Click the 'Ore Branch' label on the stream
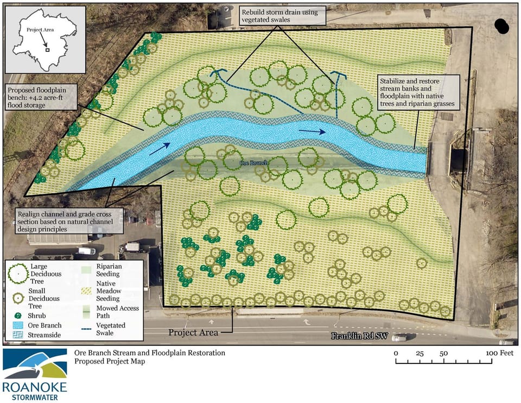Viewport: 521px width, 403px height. pyautogui.click(x=252, y=162)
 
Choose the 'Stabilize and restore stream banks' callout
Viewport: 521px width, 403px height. pyautogui.click(x=417, y=93)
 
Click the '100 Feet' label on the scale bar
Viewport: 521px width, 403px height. pyautogui.click(x=499, y=354)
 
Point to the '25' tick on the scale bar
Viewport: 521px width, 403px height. pyautogui.click(x=420, y=354)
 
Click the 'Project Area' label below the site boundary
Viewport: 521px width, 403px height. pyautogui.click(x=193, y=332)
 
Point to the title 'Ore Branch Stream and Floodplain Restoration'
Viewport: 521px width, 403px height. pyautogui.click(x=149, y=353)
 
